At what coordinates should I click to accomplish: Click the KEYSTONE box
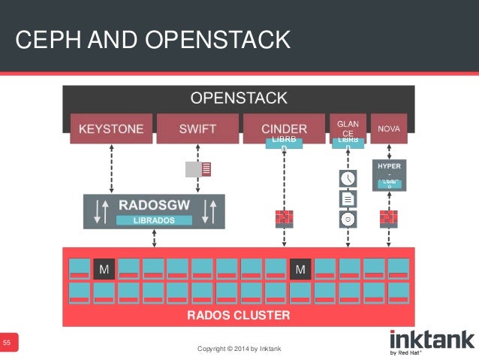111,129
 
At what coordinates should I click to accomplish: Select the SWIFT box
197,129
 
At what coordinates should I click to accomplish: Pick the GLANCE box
348,127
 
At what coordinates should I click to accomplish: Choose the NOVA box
389,129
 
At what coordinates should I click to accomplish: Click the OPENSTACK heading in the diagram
238,98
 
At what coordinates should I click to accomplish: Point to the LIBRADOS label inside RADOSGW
154,220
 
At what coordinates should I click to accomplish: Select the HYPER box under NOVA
389,174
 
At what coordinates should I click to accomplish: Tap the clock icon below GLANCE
348,179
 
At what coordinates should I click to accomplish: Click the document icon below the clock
348,199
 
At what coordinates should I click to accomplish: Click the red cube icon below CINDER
284,218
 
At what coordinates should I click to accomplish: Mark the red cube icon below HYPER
388,218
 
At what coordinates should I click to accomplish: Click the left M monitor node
104,268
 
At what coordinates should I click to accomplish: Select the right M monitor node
300,268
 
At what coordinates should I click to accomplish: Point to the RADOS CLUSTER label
238,315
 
